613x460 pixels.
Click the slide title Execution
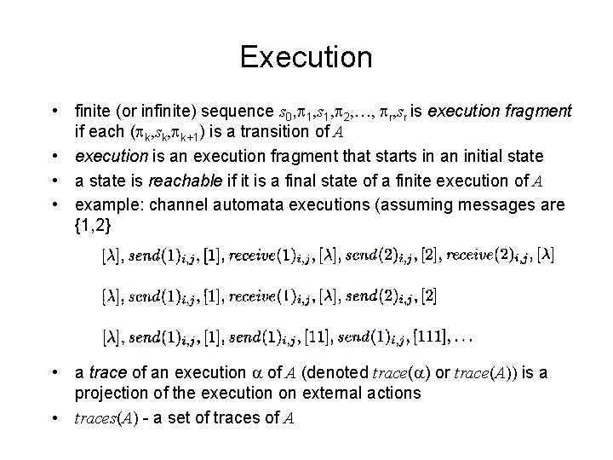click(x=306, y=57)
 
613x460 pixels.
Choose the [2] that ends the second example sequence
click(x=429, y=296)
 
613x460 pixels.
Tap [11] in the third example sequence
click(x=316, y=338)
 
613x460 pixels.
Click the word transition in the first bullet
click(x=244, y=132)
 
